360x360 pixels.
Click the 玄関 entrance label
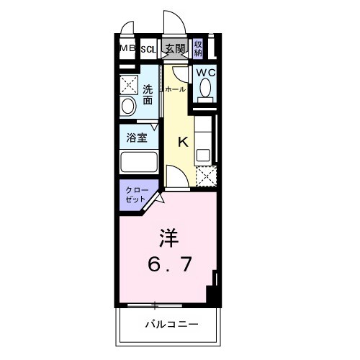[x=174, y=49]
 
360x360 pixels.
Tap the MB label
[x=127, y=49]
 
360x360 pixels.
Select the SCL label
[x=148, y=50]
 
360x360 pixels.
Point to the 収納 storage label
[x=198, y=49]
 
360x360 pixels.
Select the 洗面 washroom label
[x=147, y=95]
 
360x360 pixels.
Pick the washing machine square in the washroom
[x=130, y=84]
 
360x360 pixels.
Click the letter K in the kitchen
[x=182, y=142]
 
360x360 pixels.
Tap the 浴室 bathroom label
[x=138, y=137]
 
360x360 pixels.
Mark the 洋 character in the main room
[x=168, y=237]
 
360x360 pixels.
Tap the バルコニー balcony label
[x=169, y=324]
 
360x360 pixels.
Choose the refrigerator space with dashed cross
[x=206, y=175]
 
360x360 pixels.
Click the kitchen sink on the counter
[x=203, y=154]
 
